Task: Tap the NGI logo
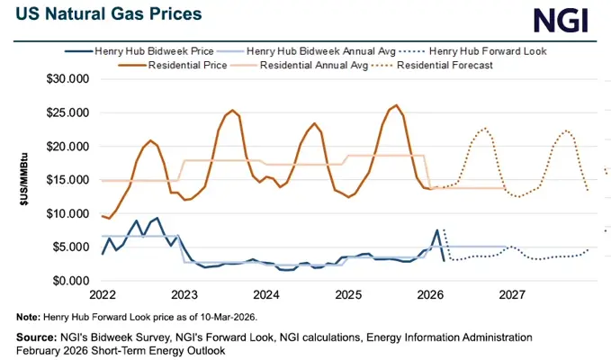[565, 20]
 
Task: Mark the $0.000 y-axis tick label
[68, 281]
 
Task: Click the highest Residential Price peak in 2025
[396, 105]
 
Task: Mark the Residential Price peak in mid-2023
[233, 111]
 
